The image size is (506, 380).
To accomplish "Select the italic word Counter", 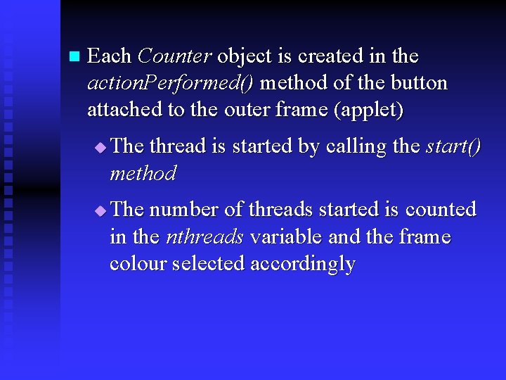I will [x=175, y=56].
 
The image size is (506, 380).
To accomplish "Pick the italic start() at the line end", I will [x=453, y=146].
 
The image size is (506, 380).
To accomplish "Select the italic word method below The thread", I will [x=143, y=173].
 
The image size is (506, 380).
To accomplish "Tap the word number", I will [x=183, y=209].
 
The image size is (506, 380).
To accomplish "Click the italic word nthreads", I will [x=205, y=236].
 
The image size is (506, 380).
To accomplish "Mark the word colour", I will [x=138, y=264].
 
